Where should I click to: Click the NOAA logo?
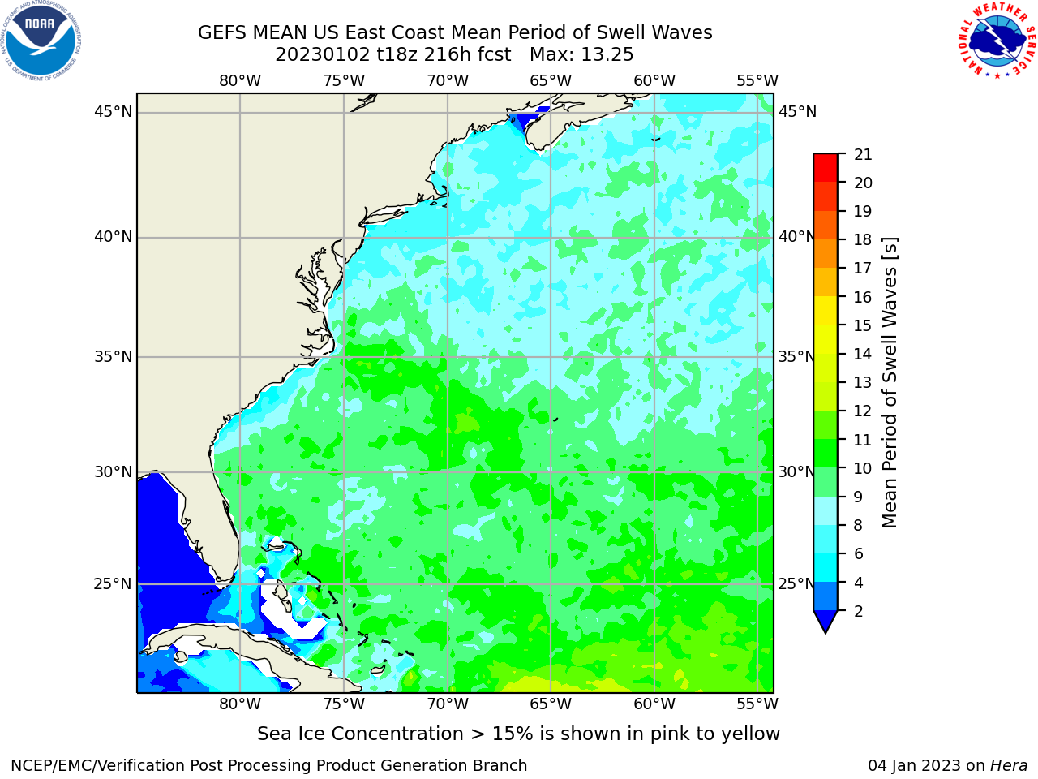[x=41, y=41]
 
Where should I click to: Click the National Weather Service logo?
[x=997, y=41]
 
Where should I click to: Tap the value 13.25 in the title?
[x=607, y=55]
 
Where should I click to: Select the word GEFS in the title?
[x=222, y=32]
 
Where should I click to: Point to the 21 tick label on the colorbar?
[x=863, y=155]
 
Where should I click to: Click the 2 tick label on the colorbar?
[x=859, y=611]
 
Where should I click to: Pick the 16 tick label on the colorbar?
[x=863, y=297]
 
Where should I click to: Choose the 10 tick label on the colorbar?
[x=863, y=468]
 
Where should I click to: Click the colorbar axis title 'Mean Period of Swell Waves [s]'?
[x=890, y=383]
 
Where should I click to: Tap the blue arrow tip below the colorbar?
[x=826, y=632]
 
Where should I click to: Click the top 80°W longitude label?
[x=240, y=81]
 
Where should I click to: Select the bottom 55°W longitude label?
[x=757, y=704]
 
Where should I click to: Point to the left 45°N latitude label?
[x=113, y=112]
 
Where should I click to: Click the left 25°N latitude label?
[x=113, y=584]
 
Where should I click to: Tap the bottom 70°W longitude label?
[x=448, y=704]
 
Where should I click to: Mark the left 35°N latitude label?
[x=113, y=356]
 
